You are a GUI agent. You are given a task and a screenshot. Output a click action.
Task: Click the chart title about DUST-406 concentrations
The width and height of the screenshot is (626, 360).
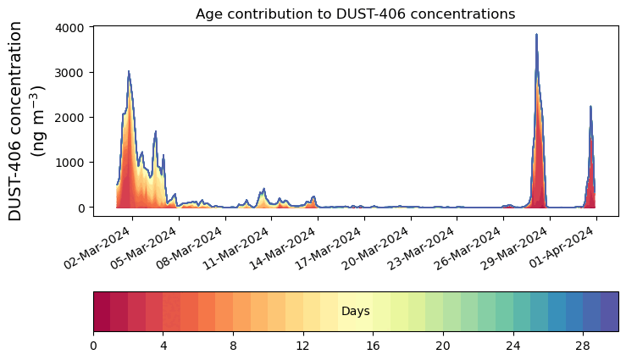(x=355, y=14)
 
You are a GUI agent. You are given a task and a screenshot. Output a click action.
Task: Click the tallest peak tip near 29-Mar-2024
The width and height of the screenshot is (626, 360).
(x=537, y=35)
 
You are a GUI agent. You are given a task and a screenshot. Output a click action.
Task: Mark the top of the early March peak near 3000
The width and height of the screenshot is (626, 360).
(x=129, y=72)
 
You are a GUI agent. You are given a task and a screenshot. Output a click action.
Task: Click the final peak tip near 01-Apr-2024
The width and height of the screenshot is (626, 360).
(x=590, y=107)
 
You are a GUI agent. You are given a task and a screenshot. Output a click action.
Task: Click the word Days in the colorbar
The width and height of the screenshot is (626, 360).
(x=355, y=312)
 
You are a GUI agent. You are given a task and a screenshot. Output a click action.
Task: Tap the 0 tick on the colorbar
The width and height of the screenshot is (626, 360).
(x=93, y=346)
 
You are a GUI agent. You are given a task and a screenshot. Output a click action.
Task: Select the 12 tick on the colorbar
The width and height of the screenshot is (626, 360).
(x=303, y=346)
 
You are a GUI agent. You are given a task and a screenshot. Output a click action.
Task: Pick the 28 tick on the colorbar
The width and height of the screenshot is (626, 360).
(x=583, y=346)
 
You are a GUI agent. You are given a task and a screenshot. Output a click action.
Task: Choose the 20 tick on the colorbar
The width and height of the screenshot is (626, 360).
(x=443, y=346)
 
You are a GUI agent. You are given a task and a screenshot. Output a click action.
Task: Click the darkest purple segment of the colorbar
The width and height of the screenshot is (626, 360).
(x=609, y=311)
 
